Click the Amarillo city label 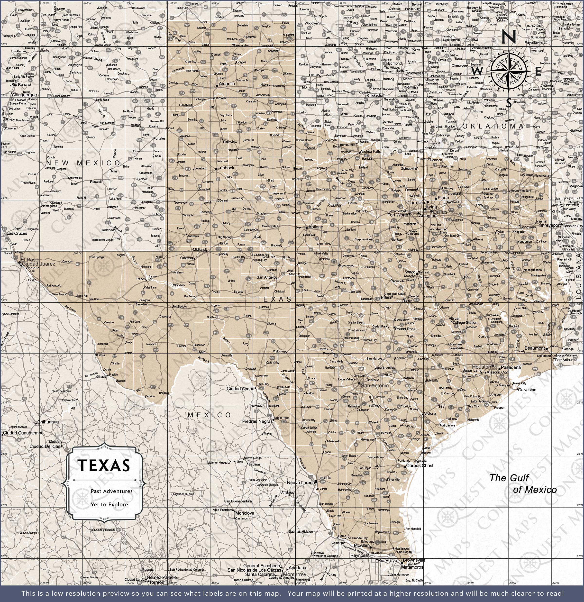tap(227, 83)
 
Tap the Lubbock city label tap(226, 168)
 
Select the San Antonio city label tap(374, 385)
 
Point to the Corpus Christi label tap(420, 466)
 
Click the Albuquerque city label tap(24, 95)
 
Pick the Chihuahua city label tap(48, 422)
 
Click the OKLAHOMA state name tap(493, 126)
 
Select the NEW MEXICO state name tap(83, 163)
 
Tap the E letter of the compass tap(538, 72)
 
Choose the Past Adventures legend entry tap(111, 491)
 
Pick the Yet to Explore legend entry tap(109, 504)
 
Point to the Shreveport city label tap(550, 225)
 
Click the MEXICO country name tap(210, 415)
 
